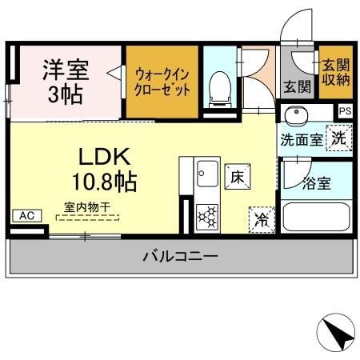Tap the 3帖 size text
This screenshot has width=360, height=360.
pyautogui.click(x=64, y=94)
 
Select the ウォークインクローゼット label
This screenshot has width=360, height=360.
pyautogui.click(x=162, y=80)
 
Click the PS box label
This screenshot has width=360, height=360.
pyautogui.click(x=344, y=112)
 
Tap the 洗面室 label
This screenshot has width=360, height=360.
pyautogui.click(x=301, y=138)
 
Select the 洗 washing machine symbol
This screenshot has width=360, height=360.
pyautogui.click(x=339, y=138)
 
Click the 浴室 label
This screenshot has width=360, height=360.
pyautogui.click(x=316, y=184)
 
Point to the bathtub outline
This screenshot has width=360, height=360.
pyautogui.click(x=317, y=215)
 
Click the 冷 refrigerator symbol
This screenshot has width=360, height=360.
pyautogui.click(x=262, y=217)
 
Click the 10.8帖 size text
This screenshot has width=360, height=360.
pyautogui.click(x=106, y=180)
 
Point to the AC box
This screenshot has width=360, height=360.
pyautogui.click(x=26, y=215)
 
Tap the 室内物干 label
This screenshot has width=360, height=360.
pyautogui.click(x=86, y=207)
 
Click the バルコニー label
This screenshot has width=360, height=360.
pyautogui.click(x=180, y=257)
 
